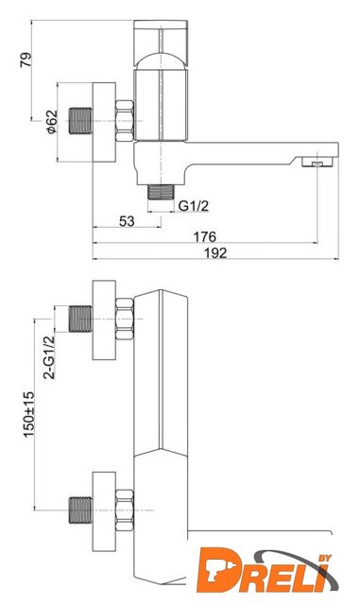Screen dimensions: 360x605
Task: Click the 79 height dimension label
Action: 26,60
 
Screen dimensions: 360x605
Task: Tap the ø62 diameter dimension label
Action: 51,122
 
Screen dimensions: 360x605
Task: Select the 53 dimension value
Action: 127,221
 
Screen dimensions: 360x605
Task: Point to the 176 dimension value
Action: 204,237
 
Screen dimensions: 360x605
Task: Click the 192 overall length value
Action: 215,253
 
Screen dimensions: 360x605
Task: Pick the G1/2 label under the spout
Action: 194,206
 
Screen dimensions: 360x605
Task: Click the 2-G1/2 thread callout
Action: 49,357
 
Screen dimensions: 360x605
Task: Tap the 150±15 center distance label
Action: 29,414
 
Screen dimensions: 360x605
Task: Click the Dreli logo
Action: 267,571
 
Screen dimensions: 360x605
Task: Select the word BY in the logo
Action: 325,558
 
